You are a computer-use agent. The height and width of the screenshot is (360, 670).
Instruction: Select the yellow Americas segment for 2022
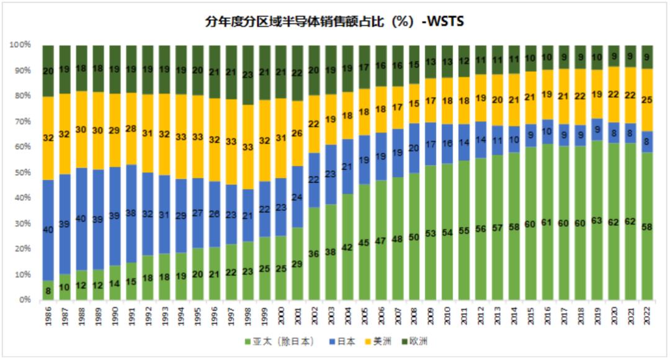[x=647, y=99]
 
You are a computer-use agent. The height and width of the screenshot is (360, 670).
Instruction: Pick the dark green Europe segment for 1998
[x=247, y=74]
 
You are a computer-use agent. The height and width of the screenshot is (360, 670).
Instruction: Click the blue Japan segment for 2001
[x=297, y=197]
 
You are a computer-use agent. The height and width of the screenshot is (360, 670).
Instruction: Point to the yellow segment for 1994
[x=180, y=137]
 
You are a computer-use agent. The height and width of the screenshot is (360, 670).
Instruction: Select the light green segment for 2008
[x=414, y=236]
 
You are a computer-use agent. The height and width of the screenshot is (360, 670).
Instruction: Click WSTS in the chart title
[x=445, y=22]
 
